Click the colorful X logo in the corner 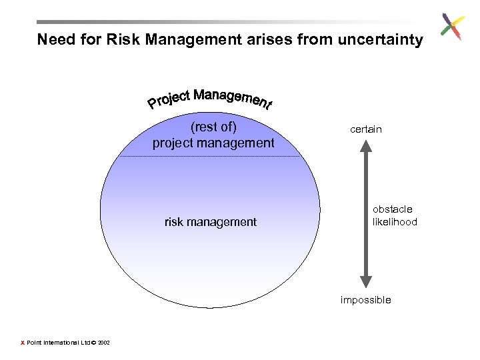click(453, 27)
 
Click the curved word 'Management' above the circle click(233, 99)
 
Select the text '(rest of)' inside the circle click(213, 127)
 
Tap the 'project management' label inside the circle click(213, 143)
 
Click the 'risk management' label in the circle click(210, 222)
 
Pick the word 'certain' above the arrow click(366, 129)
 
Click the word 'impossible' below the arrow click(365, 300)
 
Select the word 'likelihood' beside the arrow click(395, 222)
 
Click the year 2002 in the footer click(104, 343)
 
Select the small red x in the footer click(22, 343)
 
